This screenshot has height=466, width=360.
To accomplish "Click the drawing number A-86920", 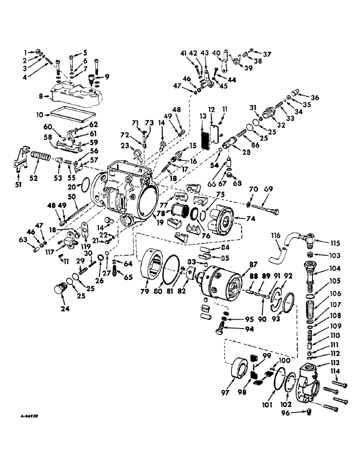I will point(22,412).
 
